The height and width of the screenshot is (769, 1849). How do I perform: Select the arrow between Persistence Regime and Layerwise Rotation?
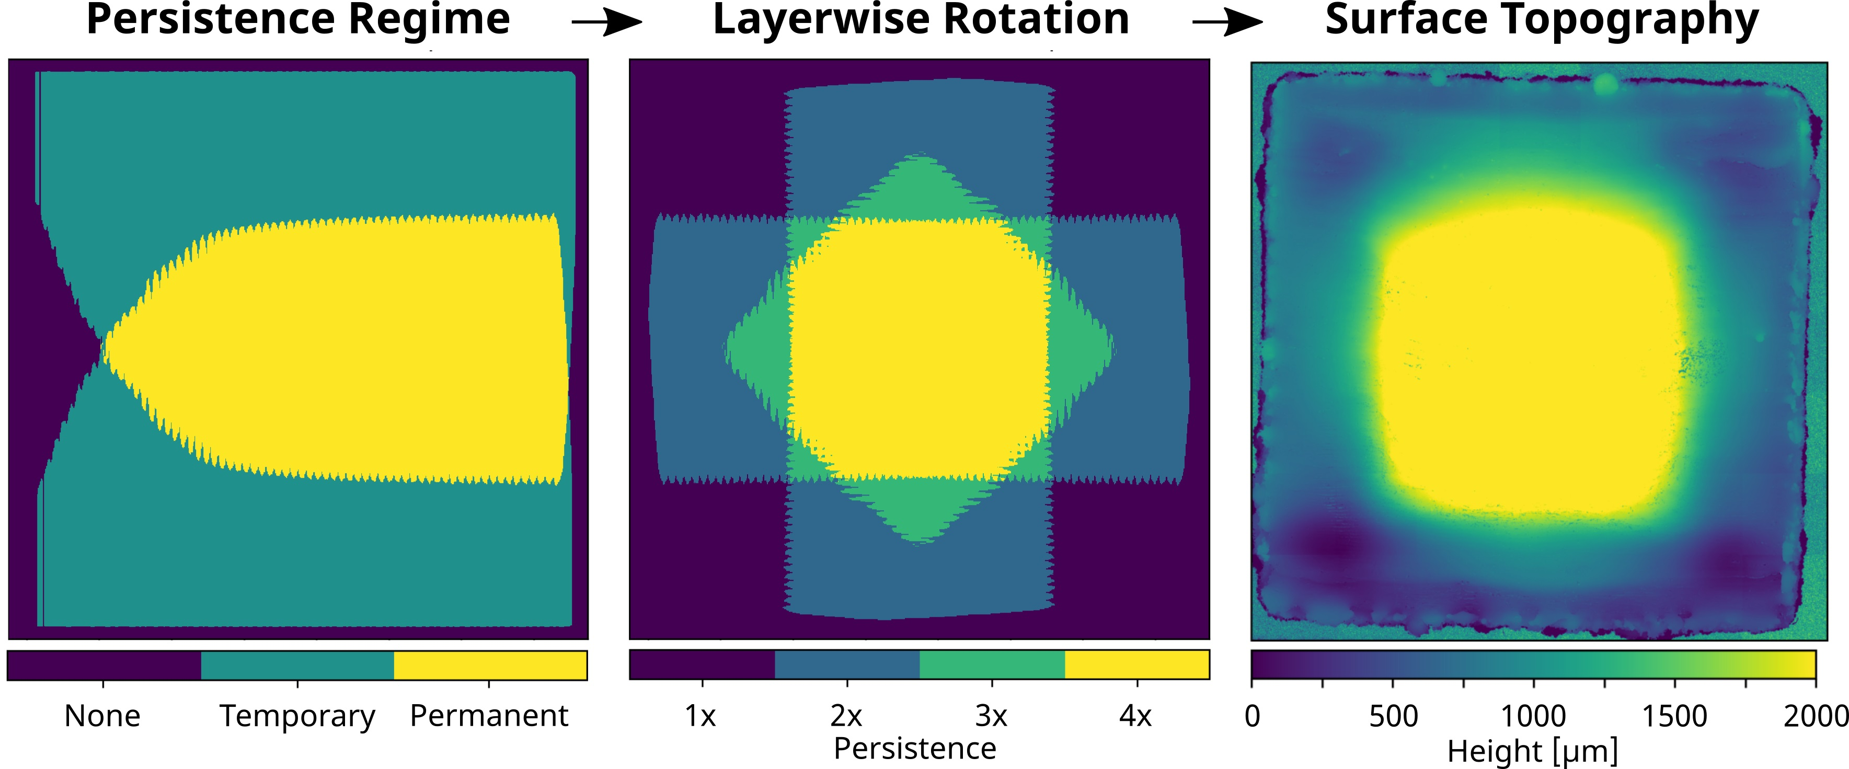click(x=606, y=23)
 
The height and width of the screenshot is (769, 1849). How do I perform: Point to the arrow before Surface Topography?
click(x=1227, y=23)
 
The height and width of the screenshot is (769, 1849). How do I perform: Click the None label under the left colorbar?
click(x=102, y=716)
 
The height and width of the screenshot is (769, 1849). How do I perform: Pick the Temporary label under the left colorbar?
click(x=297, y=716)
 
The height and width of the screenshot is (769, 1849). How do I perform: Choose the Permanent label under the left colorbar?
click(x=489, y=716)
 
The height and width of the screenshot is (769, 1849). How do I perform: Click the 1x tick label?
click(x=700, y=716)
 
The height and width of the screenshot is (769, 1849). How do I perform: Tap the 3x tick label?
click(x=991, y=716)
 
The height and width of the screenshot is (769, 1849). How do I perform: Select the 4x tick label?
click(x=1135, y=716)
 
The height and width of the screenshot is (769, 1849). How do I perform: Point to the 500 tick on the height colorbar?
click(x=1393, y=716)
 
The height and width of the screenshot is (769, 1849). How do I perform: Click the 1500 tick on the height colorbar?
click(x=1674, y=716)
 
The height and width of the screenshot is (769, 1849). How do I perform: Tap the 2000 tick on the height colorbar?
click(x=1814, y=716)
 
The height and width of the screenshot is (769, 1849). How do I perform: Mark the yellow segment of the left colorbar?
click(x=490, y=665)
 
